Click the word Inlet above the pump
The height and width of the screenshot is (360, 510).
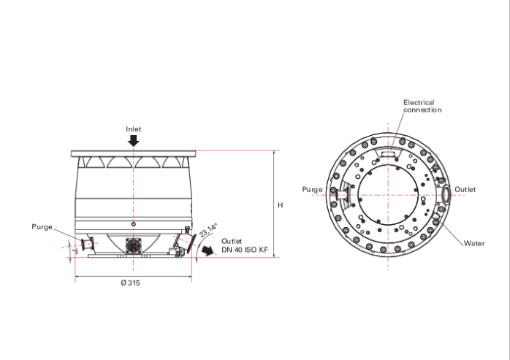133,129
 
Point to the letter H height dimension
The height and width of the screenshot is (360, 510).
280,206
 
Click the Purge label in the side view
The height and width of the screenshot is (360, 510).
42,227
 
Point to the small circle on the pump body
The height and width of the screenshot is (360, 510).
133,223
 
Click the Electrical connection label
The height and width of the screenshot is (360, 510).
422,107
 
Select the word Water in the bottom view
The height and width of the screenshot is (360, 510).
473,243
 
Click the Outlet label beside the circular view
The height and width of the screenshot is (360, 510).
465,190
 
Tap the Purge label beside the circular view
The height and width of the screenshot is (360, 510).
313,190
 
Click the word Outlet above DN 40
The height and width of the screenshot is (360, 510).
232,242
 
